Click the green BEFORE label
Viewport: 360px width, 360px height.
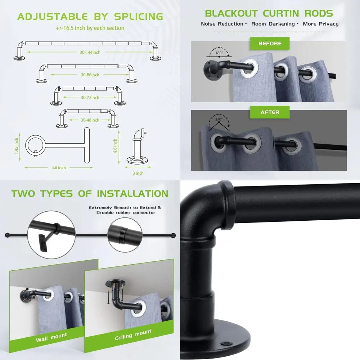pos(270,44)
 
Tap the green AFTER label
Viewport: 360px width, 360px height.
pos(270,112)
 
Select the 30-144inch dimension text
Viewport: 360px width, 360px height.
pos(90,53)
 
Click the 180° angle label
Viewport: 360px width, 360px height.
pos(219,53)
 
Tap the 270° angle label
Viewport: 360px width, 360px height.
pos(219,118)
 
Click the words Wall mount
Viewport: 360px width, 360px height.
pos(51,337)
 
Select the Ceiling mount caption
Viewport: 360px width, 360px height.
pos(133,334)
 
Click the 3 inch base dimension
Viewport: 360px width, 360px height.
pos(138,173)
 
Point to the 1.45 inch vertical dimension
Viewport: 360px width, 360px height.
pos(16,145)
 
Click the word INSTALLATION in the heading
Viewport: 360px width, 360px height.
pos(132,193)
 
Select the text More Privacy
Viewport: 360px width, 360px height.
pos(320,24)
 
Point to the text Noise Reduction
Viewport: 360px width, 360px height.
pos(222,24)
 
